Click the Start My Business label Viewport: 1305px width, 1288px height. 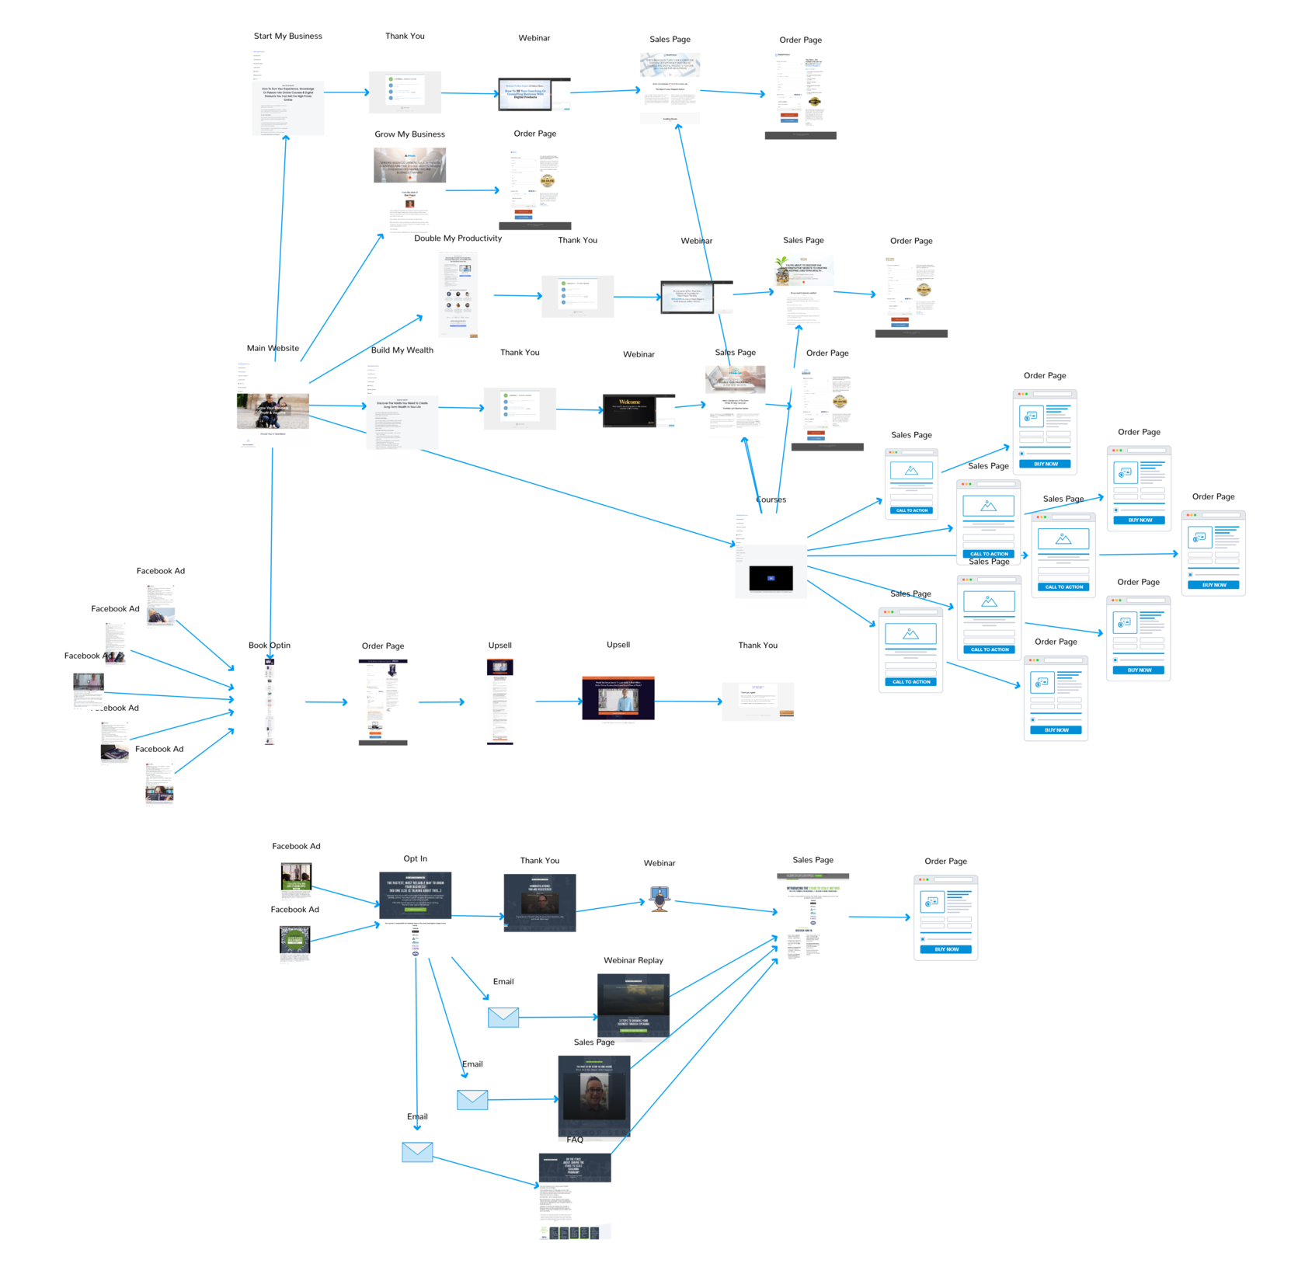[287, 37]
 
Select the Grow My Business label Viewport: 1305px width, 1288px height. [409, 134]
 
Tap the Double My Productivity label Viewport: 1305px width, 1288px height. [458, 238]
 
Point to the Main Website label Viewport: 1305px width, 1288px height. [273, 349]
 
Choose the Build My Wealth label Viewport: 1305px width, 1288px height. [402, 350]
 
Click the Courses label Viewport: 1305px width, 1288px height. [771, 500]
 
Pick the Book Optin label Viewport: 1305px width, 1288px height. [269, 646]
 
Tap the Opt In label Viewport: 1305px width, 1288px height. [415, 859]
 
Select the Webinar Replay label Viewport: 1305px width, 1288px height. [633, 961]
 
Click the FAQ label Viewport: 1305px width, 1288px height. [575, 1140]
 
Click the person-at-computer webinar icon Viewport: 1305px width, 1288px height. [659, 899]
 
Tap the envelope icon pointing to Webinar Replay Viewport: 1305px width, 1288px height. [503, 1017]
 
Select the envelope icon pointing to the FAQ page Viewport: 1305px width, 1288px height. [417, 1152]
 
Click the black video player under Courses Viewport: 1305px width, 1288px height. [771, 578]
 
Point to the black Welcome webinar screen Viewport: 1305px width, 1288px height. [628, 411]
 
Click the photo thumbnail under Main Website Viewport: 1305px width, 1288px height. [273, 411]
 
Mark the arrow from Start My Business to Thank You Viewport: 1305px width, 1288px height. [346, 92]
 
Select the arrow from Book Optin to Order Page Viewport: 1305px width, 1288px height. [326, 702]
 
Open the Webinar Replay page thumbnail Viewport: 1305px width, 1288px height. [633, 1005]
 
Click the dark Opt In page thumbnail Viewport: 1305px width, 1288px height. [415, 895]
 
